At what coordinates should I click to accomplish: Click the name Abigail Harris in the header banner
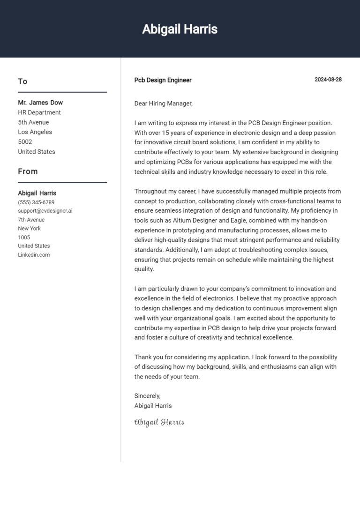pos(180,29)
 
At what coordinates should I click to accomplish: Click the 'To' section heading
pos(22,82)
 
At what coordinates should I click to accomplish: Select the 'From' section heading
pos(28,171)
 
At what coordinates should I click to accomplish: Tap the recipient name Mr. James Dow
pos(40,103)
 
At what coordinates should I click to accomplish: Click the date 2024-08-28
pos(328,80)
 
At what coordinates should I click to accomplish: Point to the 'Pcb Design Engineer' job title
pos(163,80)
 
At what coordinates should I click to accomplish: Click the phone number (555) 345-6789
pos(36,202)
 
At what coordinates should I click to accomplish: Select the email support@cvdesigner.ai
pos(45,211)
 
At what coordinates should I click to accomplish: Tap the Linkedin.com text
pos(34,255)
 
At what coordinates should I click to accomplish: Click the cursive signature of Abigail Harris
pos(159,422)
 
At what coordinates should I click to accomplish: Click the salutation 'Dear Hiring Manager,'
pos(163,104)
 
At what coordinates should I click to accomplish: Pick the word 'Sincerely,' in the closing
pos(147,396)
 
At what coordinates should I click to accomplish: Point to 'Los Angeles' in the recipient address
pos(35,132)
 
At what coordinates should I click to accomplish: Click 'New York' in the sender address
pos(29,229)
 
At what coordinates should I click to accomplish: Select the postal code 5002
pos(25,142)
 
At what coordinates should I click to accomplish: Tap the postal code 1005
pos(24,238)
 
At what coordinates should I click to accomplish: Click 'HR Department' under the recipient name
pos(39,112)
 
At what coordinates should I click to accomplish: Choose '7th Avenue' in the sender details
pos(31,220)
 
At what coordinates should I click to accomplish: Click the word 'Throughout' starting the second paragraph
pos(150,191)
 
